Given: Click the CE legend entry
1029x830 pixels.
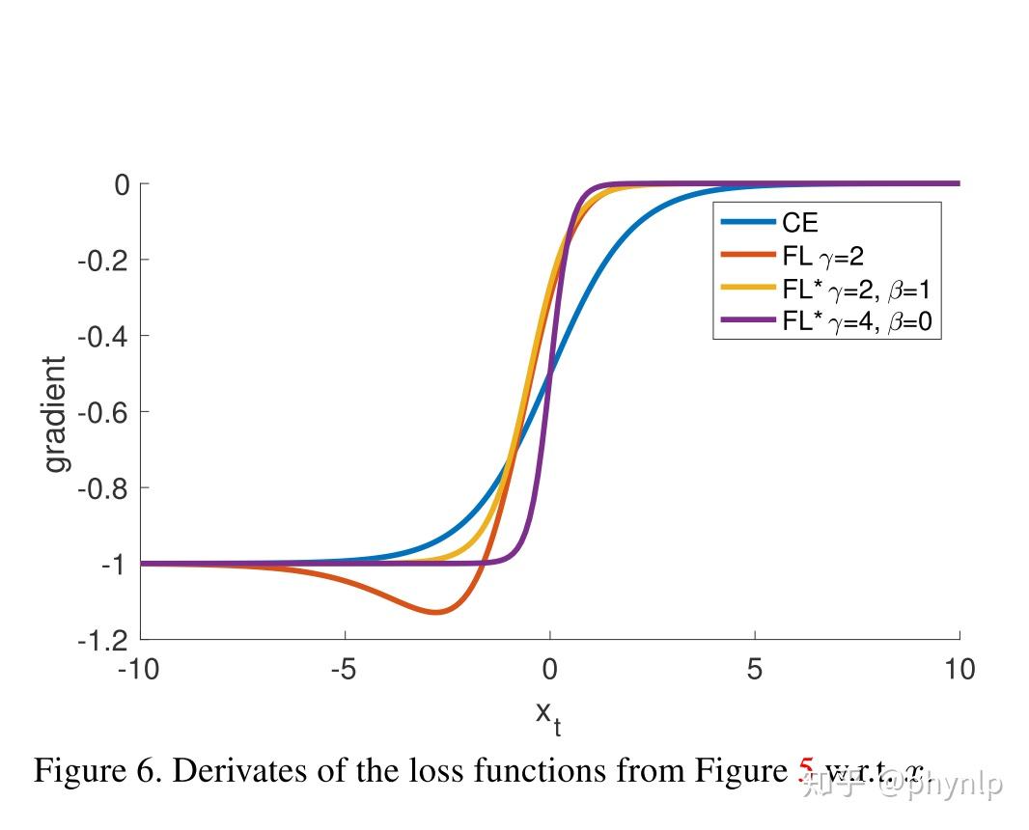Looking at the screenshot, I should point(799,223).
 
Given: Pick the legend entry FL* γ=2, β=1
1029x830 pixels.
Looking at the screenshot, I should point(855,289).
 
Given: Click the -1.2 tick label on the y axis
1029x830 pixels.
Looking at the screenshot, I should point(102,639).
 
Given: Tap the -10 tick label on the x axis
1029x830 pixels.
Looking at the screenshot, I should point(139,669).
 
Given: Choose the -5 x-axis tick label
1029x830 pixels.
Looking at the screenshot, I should point(345,669).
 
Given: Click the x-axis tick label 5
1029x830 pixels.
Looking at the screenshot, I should point(755,669).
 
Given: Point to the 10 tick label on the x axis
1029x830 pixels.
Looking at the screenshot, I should point(959,669).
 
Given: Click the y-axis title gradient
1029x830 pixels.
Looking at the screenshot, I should point(57,414).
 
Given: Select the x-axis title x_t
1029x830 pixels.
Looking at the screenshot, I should point(548,715).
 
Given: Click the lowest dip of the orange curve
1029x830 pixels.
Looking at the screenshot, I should point(436,612).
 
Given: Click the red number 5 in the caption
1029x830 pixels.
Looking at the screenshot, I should point(806,771).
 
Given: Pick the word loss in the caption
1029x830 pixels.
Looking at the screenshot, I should point(500,771).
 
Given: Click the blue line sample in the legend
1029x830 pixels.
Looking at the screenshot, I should point(748,223).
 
